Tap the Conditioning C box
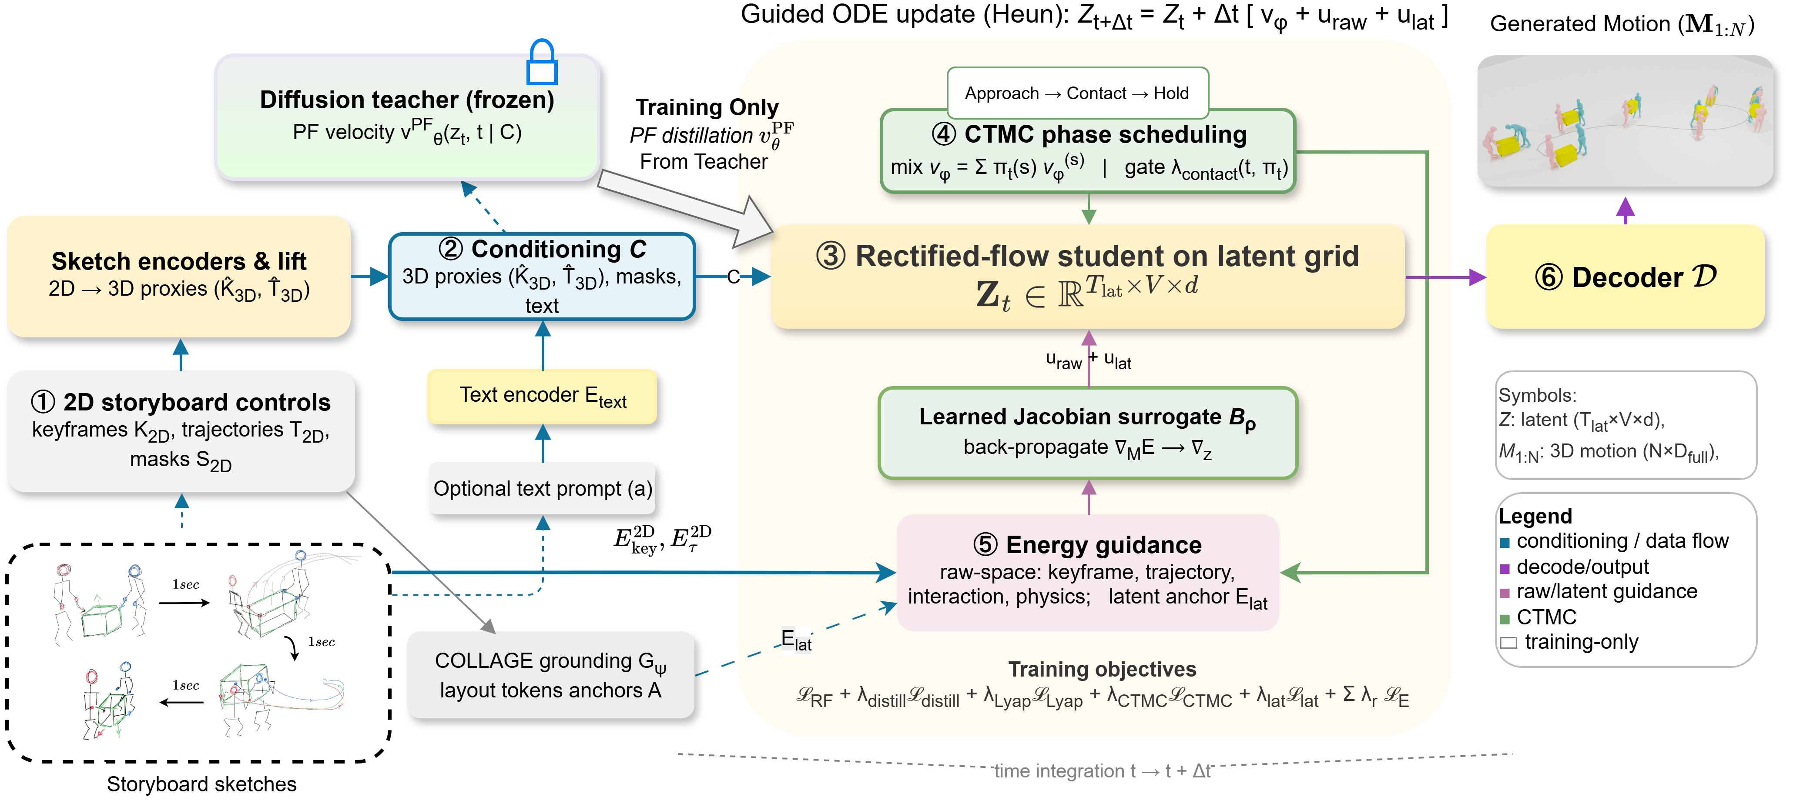(542, 276)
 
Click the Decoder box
(1625, 277)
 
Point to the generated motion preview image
(1625, 121)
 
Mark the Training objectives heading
(1102, 669)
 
